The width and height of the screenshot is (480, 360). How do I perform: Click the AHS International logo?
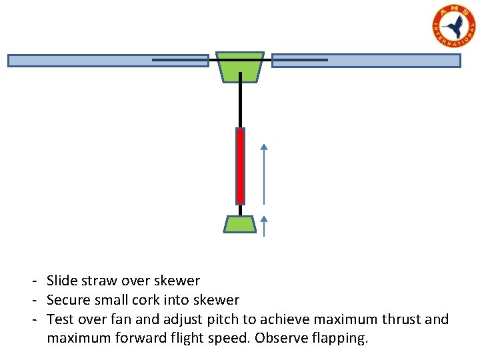[454, 26]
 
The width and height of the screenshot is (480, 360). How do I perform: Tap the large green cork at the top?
[240, 67]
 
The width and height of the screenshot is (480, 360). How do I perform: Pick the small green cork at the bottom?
[240, 224]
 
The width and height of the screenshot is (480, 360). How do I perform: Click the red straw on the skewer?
[240, 165]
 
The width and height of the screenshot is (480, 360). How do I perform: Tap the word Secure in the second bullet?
[69, 301]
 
